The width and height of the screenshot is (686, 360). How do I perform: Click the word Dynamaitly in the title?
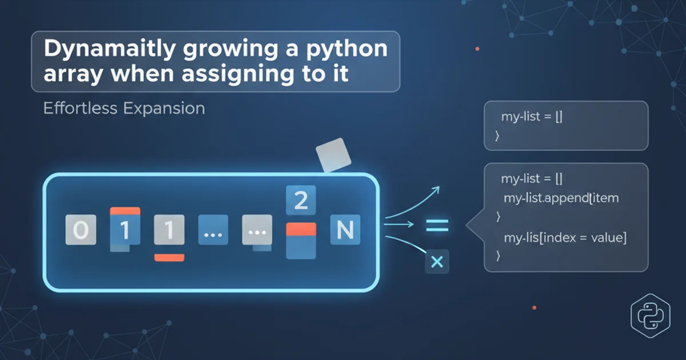coord(110,49)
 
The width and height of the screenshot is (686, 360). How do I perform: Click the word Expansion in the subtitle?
coord(164,109)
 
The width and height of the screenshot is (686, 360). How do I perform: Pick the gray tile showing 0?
coord(81,230)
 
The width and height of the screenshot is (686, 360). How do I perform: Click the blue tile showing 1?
coord(125,230)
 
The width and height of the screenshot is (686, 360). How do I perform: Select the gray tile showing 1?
coord(169,230)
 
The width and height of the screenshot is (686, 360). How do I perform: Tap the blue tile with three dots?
coord(213,230)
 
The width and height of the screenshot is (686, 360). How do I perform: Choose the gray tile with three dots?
coord(257,230)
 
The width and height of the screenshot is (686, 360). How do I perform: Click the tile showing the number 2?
coord(301,200)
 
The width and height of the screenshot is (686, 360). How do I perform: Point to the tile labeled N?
coord(345,230)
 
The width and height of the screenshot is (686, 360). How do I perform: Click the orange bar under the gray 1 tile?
coord(169,258)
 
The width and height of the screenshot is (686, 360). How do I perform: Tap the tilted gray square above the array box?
coord(333,155)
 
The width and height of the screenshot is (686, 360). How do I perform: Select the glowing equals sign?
coord(437,225)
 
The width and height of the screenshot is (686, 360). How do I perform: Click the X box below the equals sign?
coord(437,262)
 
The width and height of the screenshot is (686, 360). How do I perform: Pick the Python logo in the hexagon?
coord(651,315)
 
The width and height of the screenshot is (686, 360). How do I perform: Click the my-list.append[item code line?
coord(561,198)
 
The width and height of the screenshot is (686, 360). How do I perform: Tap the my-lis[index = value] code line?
coord(565,238)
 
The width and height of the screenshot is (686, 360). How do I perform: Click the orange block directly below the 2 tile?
coord(301,229)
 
